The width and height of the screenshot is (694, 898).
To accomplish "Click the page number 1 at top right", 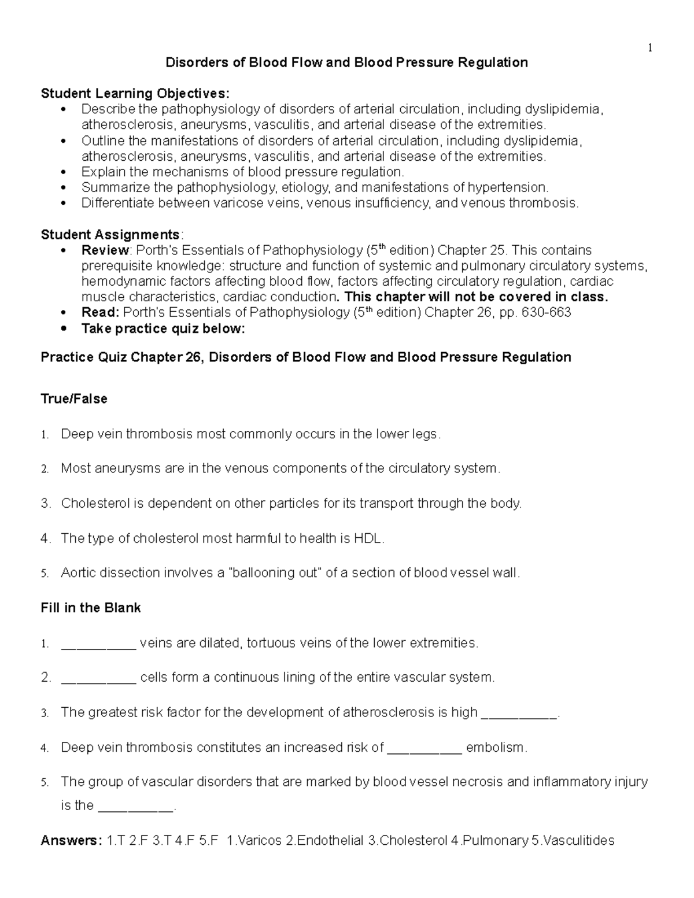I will (x=650, y=49).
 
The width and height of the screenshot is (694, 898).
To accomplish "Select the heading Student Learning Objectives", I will (x=135, y=94).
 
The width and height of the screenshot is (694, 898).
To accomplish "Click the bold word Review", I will (x=105, y=250).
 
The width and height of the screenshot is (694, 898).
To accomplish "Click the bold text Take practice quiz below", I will (x=163, y=329).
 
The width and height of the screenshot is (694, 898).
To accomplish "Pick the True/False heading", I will (x=74, y=399).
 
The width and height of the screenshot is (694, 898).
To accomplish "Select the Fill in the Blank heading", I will (x=91, y=608).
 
